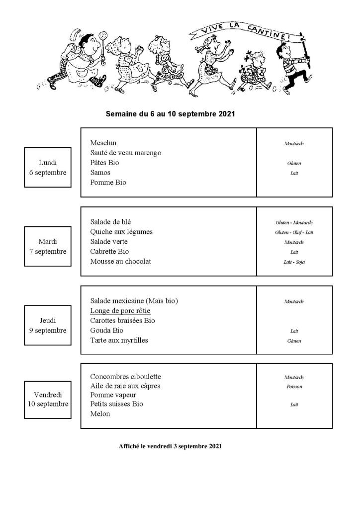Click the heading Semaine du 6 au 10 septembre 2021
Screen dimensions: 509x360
[170, 114]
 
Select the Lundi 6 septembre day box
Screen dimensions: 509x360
[48, 167]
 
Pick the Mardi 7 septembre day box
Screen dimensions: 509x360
[48, 246]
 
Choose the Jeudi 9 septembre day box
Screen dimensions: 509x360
[48, 325]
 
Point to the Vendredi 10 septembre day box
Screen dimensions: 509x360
[48, 399]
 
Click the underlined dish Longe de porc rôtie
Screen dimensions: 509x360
[120, 311]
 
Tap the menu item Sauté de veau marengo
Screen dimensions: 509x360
[126, 153]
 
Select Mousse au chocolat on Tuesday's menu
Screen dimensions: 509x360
[120, 261]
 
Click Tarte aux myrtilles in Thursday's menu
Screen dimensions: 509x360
[119, 340]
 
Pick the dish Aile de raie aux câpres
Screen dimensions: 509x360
[125, 386]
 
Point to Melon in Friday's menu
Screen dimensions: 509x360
[100, 413]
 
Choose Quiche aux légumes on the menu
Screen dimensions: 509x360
[121, 232]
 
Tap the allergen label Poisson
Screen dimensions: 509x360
[294, 387]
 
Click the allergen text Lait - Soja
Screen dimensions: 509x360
[294, 262]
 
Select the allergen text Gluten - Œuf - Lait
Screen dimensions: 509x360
[294, 232]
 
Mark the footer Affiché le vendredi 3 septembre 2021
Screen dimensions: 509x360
[170, 446]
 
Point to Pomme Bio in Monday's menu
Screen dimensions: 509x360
[108, 182]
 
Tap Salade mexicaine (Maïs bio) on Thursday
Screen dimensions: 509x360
[134, 301]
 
